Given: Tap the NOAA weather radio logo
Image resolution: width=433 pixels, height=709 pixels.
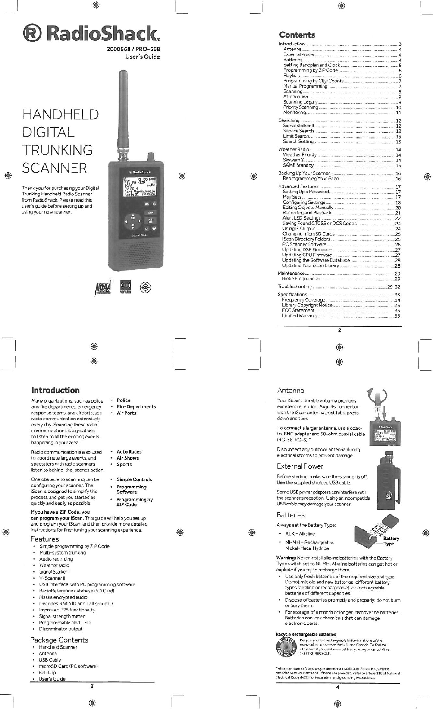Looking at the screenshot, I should (104, 286).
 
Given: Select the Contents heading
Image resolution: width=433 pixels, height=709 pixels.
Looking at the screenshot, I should (297, 35).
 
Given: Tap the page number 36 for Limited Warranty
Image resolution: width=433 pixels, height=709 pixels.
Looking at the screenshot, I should (397, 315).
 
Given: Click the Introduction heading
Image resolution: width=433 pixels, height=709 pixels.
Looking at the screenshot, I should (55, 390).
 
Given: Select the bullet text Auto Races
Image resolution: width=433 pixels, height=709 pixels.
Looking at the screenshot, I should (129, 451).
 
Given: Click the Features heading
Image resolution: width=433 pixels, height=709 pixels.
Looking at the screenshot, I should (45, 539).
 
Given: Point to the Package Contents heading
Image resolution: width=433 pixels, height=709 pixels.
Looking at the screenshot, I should (59, 640).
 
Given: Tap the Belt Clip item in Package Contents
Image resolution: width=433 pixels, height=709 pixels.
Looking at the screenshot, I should (47, 672).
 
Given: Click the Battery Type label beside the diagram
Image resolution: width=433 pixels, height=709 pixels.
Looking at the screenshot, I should (391, 541).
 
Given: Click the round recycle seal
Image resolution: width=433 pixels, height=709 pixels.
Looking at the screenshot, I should (286, 646).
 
